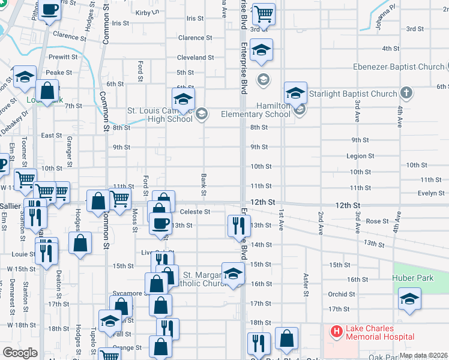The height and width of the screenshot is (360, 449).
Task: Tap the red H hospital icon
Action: pos(336,331)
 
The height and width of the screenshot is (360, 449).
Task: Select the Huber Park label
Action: pos(412,278)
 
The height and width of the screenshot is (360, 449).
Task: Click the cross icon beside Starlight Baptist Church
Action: pos(406,93)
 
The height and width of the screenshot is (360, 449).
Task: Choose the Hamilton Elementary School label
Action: pos(256,110)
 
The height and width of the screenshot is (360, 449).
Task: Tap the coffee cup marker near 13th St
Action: pos(160,223)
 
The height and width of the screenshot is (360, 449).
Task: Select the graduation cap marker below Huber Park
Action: pos(409,298)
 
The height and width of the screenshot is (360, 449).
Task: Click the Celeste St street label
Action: pos(194,212)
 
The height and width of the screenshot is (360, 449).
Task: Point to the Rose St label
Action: pos(377,221)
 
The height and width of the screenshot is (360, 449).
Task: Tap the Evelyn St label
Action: pos(430,193)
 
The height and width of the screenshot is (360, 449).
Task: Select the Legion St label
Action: pos(360,156)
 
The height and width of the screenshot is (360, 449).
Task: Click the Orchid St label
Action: pos(342,294)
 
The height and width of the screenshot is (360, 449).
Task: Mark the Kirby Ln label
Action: pos(147,12)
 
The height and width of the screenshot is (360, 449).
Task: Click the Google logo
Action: pos(20,353)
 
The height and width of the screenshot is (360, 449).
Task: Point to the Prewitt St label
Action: pos(61,58)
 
